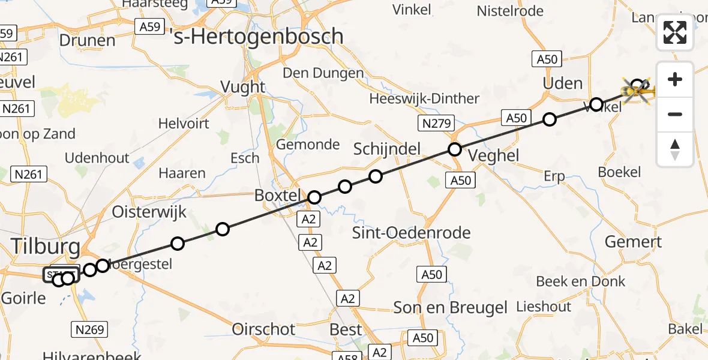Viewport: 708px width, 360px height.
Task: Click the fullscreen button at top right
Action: click(675, 32)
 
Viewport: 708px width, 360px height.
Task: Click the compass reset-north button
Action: click(675, 149)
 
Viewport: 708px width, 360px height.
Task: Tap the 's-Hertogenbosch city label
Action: click(257, 37)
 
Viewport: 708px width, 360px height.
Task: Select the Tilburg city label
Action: click(46, 246)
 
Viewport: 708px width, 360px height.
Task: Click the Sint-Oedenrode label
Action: click(412, 232)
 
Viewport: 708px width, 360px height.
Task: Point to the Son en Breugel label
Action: click(450, 308)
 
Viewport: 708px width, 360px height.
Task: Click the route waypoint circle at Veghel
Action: click(455, 149)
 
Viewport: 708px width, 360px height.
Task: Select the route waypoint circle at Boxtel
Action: click(314, 197)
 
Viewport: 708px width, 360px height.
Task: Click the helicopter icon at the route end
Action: click(637, 91)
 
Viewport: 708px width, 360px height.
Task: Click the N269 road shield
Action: click(91, 329)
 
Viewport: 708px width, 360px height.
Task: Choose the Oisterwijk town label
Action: click(149, 212)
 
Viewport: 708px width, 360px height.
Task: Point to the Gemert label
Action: click(633, 242)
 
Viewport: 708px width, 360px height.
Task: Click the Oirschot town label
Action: click(264, 329)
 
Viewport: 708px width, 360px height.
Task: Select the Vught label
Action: click(243, 86)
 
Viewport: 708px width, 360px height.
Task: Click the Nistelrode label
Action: click(510, 11)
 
